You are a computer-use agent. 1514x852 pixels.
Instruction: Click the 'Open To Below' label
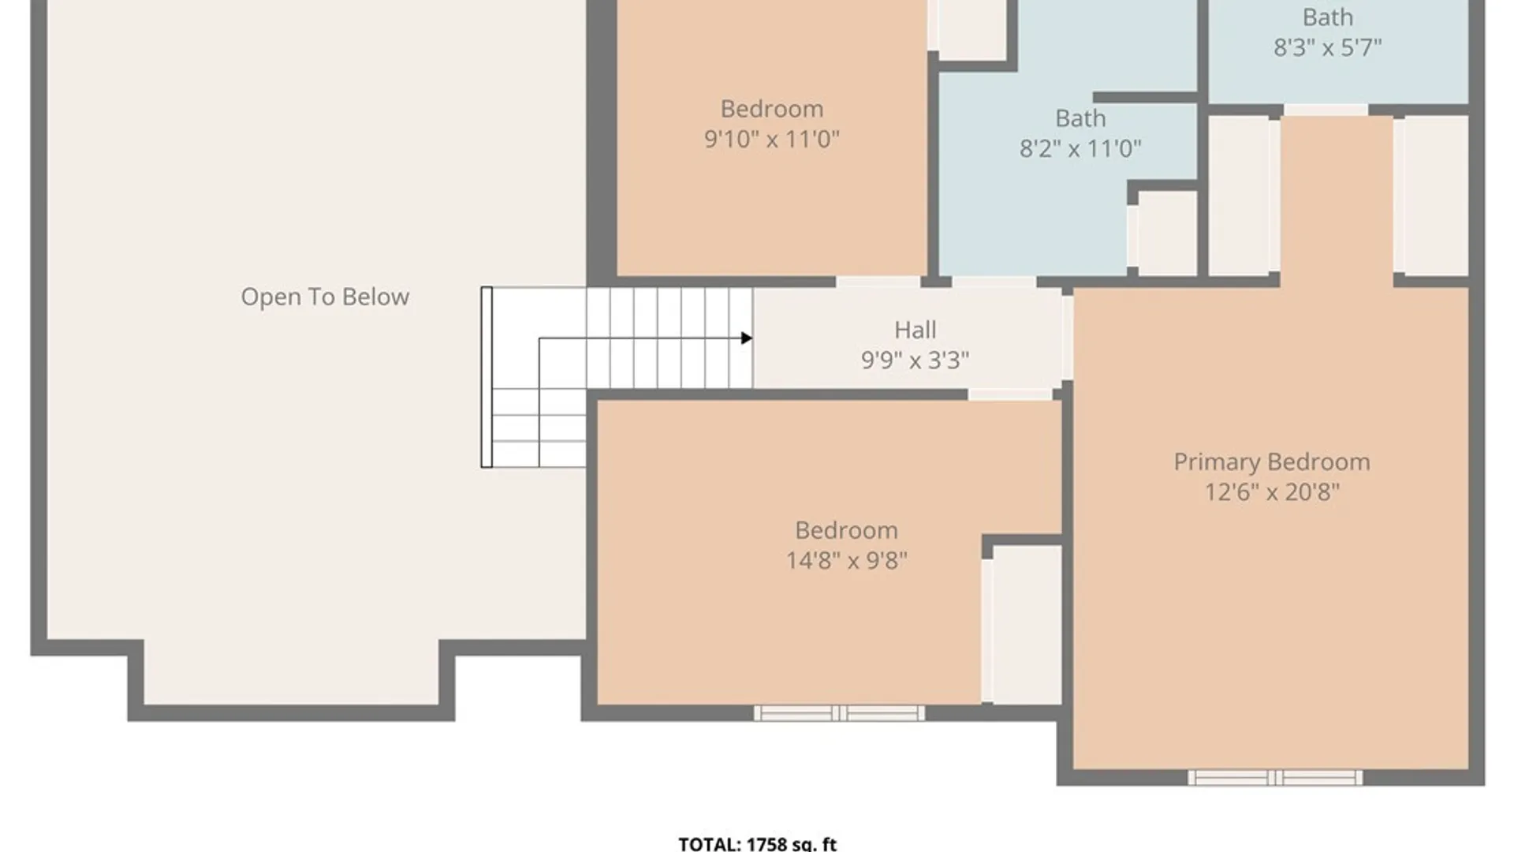(325, 297)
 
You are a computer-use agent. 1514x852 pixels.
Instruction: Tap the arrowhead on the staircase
(746, 338)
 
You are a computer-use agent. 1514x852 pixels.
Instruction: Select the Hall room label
(915, 330)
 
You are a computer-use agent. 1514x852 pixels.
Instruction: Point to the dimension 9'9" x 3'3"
(915, 360)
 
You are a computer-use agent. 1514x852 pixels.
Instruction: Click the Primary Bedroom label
(1272, 462)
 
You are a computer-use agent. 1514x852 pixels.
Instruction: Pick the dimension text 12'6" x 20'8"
(1272, 492)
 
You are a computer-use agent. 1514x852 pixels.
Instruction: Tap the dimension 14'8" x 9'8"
(846, 560)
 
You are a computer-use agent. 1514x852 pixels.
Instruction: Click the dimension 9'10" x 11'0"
(772, 139)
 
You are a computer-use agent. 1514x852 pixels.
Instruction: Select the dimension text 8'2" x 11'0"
(1080, 148)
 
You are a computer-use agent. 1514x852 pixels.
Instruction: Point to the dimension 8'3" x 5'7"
(1328, 47)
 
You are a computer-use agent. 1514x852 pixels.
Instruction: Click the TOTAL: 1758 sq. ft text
(758, 843)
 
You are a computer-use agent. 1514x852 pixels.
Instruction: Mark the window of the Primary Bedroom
(1275, 778)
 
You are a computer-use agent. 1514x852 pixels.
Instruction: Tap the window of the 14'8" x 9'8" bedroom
(839, 713)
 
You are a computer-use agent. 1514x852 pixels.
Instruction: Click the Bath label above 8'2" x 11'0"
(1080, 118)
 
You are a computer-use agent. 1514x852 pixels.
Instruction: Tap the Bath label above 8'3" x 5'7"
(1328, 17)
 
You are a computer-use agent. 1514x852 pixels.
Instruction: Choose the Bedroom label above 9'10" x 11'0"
(772, 109)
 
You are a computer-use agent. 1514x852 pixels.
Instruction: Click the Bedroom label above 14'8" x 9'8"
(846, 530)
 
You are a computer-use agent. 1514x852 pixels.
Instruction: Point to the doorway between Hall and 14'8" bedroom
(1010, 394)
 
